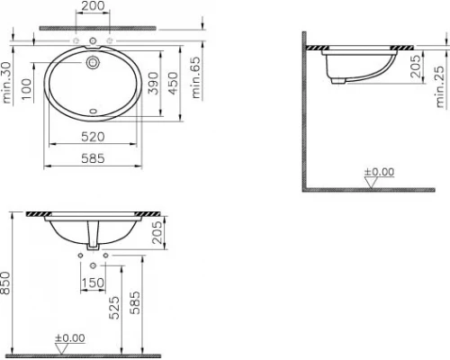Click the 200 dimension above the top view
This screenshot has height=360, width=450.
point(93,5)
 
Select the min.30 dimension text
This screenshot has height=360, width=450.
point(6,83)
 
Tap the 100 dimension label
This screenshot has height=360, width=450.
point(27,89)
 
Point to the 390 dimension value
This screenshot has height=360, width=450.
point(153,83)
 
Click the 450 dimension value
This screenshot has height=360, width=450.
point(173,83)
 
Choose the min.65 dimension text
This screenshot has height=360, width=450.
point(195,77)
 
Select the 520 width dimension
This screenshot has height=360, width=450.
point(93,137)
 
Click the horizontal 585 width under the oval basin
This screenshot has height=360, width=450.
point(93,158)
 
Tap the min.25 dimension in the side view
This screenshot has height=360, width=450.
point(440,86)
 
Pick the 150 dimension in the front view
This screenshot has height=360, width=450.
point(93,283)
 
